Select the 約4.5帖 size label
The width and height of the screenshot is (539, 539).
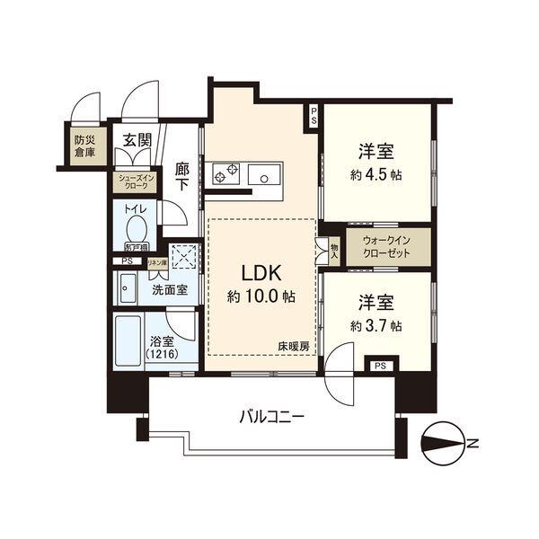click(x=376, y=173)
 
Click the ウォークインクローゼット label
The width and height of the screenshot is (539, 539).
click(x=386, y=247)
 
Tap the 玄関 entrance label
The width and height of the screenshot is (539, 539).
click(x=137, y=141)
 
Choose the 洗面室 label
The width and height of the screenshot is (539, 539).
click(x=169, y=290)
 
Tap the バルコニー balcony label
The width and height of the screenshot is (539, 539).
click(x=271, y=417)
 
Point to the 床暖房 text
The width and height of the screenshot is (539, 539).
click(x=293, y=346)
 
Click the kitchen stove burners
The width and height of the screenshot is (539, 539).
click(x=224, y=172)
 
